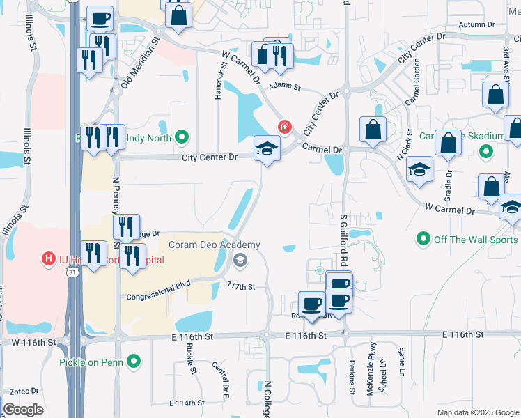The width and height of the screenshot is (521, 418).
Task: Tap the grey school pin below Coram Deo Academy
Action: click(240, 261)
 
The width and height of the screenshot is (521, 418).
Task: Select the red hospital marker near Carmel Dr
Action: click(284, 127)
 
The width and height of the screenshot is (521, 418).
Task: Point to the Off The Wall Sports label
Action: click(476, 240)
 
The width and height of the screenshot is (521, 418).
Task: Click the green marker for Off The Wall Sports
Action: click(423, 240)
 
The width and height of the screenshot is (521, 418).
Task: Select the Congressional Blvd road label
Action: click(158, 291)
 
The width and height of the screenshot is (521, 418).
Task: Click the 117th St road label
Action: click(242, 286)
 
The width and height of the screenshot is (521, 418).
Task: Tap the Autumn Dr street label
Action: click(476, 24)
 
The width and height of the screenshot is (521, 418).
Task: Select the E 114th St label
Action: click(187, 403)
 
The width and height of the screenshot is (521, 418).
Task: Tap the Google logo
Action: click(23, 409)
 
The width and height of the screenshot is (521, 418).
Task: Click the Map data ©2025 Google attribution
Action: click(477, 412)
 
